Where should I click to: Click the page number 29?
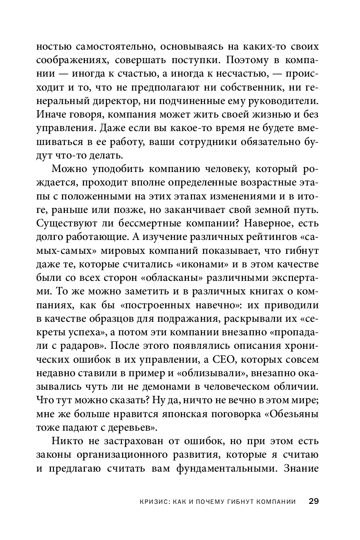pos(314,501)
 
